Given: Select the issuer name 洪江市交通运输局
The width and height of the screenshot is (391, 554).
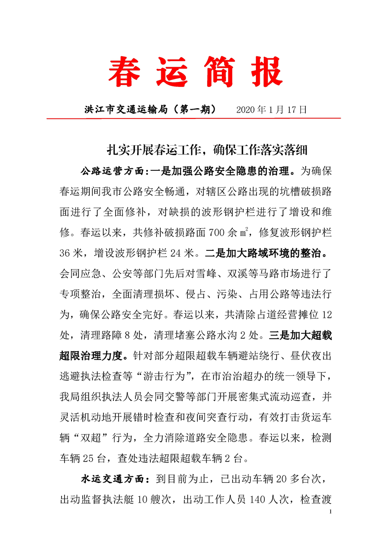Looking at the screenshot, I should click(126, 110).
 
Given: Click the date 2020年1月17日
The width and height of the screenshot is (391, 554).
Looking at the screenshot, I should click(272, 110).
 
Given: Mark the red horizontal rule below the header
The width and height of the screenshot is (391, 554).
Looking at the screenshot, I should click(194, 119).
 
